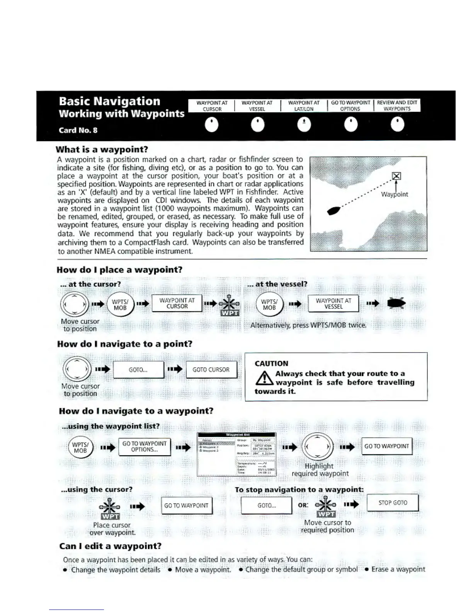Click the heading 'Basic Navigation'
click(109, 101)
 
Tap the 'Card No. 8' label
click(78, 130)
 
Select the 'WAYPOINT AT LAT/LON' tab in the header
click(304, 106)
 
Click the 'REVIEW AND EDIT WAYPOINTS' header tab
click(397, 106)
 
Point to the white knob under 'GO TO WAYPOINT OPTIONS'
click(350, 125)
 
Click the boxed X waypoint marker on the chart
click(396, 176)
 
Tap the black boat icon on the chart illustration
click(334, 211)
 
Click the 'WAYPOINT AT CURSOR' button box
click(177, 303)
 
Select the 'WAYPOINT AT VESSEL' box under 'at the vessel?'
click(333, 303)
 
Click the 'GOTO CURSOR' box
click(211, 370)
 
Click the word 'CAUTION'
click(271, 363)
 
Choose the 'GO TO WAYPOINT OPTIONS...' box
click(144, 447)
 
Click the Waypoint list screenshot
click(236, 454)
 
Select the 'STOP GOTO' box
click(392, 503)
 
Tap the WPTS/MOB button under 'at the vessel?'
click(269, 305)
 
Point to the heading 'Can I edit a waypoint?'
click(110, 546)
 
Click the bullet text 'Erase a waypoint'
click(398, 569)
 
